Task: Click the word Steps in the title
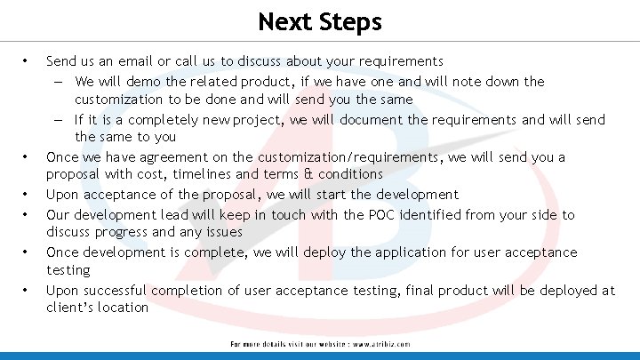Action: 351,21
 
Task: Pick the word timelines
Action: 203,174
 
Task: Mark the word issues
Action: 222,232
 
